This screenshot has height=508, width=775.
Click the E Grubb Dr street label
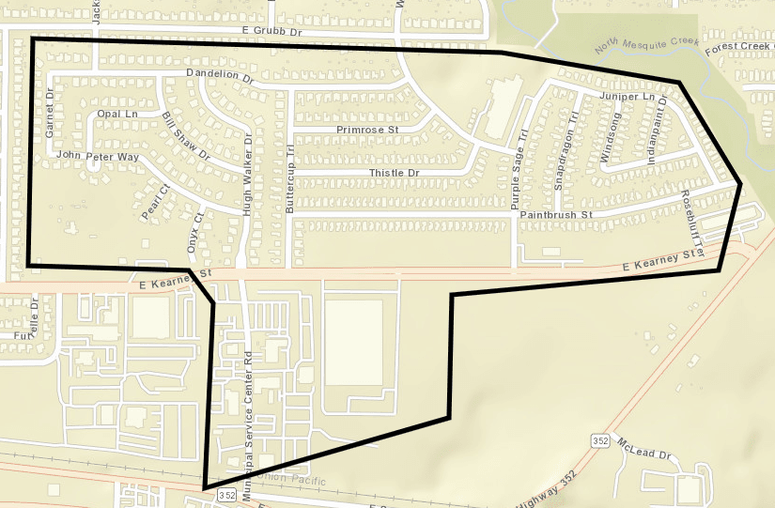[274, 32]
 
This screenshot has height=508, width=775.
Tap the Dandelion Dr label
[220, 76]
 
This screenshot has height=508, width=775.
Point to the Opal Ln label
[116, 114]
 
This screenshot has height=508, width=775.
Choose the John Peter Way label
[98, 156]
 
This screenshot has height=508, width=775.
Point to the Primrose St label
[367, 129]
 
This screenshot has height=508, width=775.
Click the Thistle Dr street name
[393, 174]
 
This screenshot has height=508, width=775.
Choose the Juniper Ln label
[626, 97]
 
